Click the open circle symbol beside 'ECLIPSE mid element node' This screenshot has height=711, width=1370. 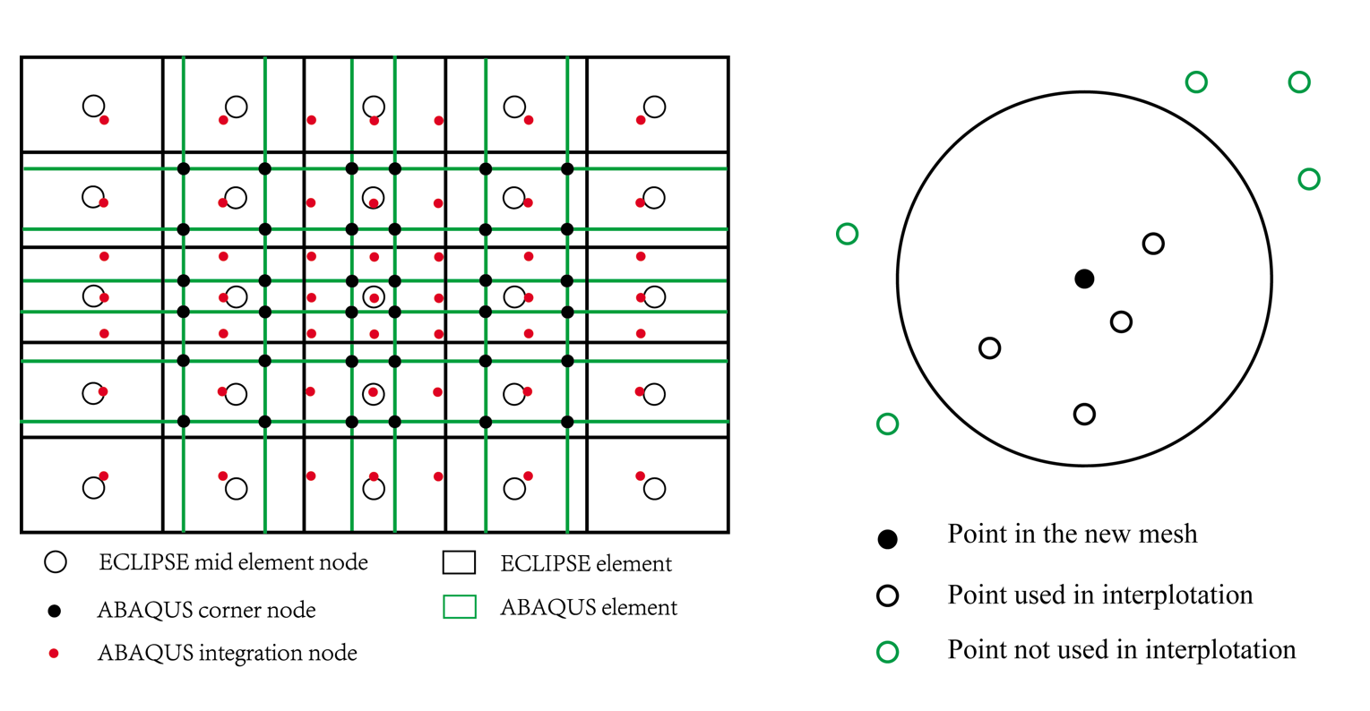pyautogui.click(x=56, y=562)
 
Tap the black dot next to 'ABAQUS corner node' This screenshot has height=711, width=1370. pyautogui.click(x=55, y=611)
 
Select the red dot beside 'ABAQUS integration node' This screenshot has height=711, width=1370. pyautogui.click(x=54, y=654)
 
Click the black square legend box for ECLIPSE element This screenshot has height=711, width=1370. pyautogui.click(x=459, y=562)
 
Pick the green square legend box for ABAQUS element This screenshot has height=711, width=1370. pyautogui.click(x=459, y=607)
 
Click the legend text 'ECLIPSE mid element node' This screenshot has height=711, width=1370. pyautogui.click(x=233, y=562)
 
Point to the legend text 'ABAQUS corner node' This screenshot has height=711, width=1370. pyautogui.click(x=206, y=611)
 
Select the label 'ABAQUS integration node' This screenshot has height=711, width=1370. pyautogui.click(x=227, y=654)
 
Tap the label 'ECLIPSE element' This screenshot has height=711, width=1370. pyautogui.click(x=586, y=563)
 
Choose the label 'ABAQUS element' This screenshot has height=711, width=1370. pyautogui.click(x=589, y=607)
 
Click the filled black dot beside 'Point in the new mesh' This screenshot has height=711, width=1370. pyautogui.click(x=887, y=539)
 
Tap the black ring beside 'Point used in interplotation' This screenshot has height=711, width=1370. pyautogui.click(x=887, y=596)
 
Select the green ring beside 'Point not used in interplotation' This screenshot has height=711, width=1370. pyautogui.click(x=887, y=652)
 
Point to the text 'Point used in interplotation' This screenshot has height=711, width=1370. pyautogui.click(x=1099, y=595)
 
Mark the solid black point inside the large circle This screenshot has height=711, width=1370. pyautogui.click(x=1084, y=278)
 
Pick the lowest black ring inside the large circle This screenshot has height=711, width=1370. pyautogui.click(x=1084, y=414)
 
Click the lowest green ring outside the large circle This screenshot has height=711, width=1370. pyautogui.click(x=887, y=424)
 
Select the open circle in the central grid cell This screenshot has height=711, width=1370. pyautogui.click(x=374, y=296)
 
